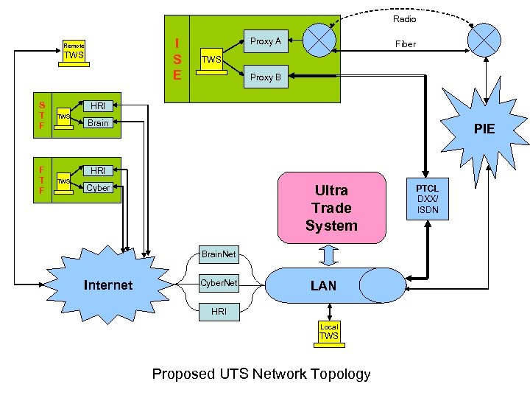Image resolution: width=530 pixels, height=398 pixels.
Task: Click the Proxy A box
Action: click(x=266, y=41)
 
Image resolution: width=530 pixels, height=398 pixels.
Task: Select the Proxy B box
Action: click(x=266, y=77)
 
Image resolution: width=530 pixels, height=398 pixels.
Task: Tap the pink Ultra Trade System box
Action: click(x=331, y=208)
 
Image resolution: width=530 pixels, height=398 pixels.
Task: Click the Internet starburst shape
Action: click(x=107, y=284)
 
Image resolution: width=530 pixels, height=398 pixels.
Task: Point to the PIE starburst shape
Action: click(x=483, y=130)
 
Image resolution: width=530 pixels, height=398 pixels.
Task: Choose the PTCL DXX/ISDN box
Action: click(x=428, y=199)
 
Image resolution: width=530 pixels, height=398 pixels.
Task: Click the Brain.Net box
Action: click(x=219, y=254)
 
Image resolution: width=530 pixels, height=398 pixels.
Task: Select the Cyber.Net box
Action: click(x=219, y=282)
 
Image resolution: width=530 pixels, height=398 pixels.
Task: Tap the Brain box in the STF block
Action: click(x=98, y=123)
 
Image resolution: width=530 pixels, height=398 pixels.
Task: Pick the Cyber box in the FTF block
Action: click(x=98, y=188)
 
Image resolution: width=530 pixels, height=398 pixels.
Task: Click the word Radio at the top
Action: click(x=404, y=18)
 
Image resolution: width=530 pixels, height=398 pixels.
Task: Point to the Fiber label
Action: click(x=406, y=44)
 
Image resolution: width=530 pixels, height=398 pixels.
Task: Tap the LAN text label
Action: click(x=324, y=285)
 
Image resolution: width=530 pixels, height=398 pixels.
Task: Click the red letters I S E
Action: click(x=177, y=59)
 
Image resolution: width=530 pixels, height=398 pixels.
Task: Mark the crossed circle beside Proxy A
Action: click(x=319, y=41)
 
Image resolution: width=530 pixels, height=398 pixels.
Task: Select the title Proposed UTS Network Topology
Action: click(x=261, y=374)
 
